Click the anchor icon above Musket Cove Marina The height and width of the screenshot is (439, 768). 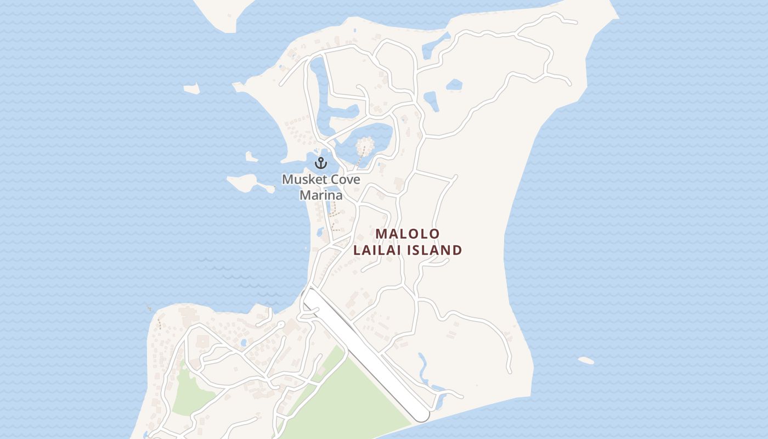(x=320, y=162)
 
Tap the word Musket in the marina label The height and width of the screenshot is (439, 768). (x=303, y=179)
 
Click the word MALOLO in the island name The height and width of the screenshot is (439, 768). (x=408, y=234)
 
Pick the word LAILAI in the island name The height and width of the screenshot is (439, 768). (x=377, y=250)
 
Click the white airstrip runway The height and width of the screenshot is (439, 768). (x=362, y=351)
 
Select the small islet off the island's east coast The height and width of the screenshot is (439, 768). (x=586, y=361)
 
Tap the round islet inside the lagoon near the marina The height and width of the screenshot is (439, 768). (x=364, y=146)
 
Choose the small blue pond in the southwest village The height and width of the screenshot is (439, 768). (x=243, y=343)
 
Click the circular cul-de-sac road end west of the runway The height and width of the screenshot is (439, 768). (x=280, y=325)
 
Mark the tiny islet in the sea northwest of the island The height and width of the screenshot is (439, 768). (x=191, y=88)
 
